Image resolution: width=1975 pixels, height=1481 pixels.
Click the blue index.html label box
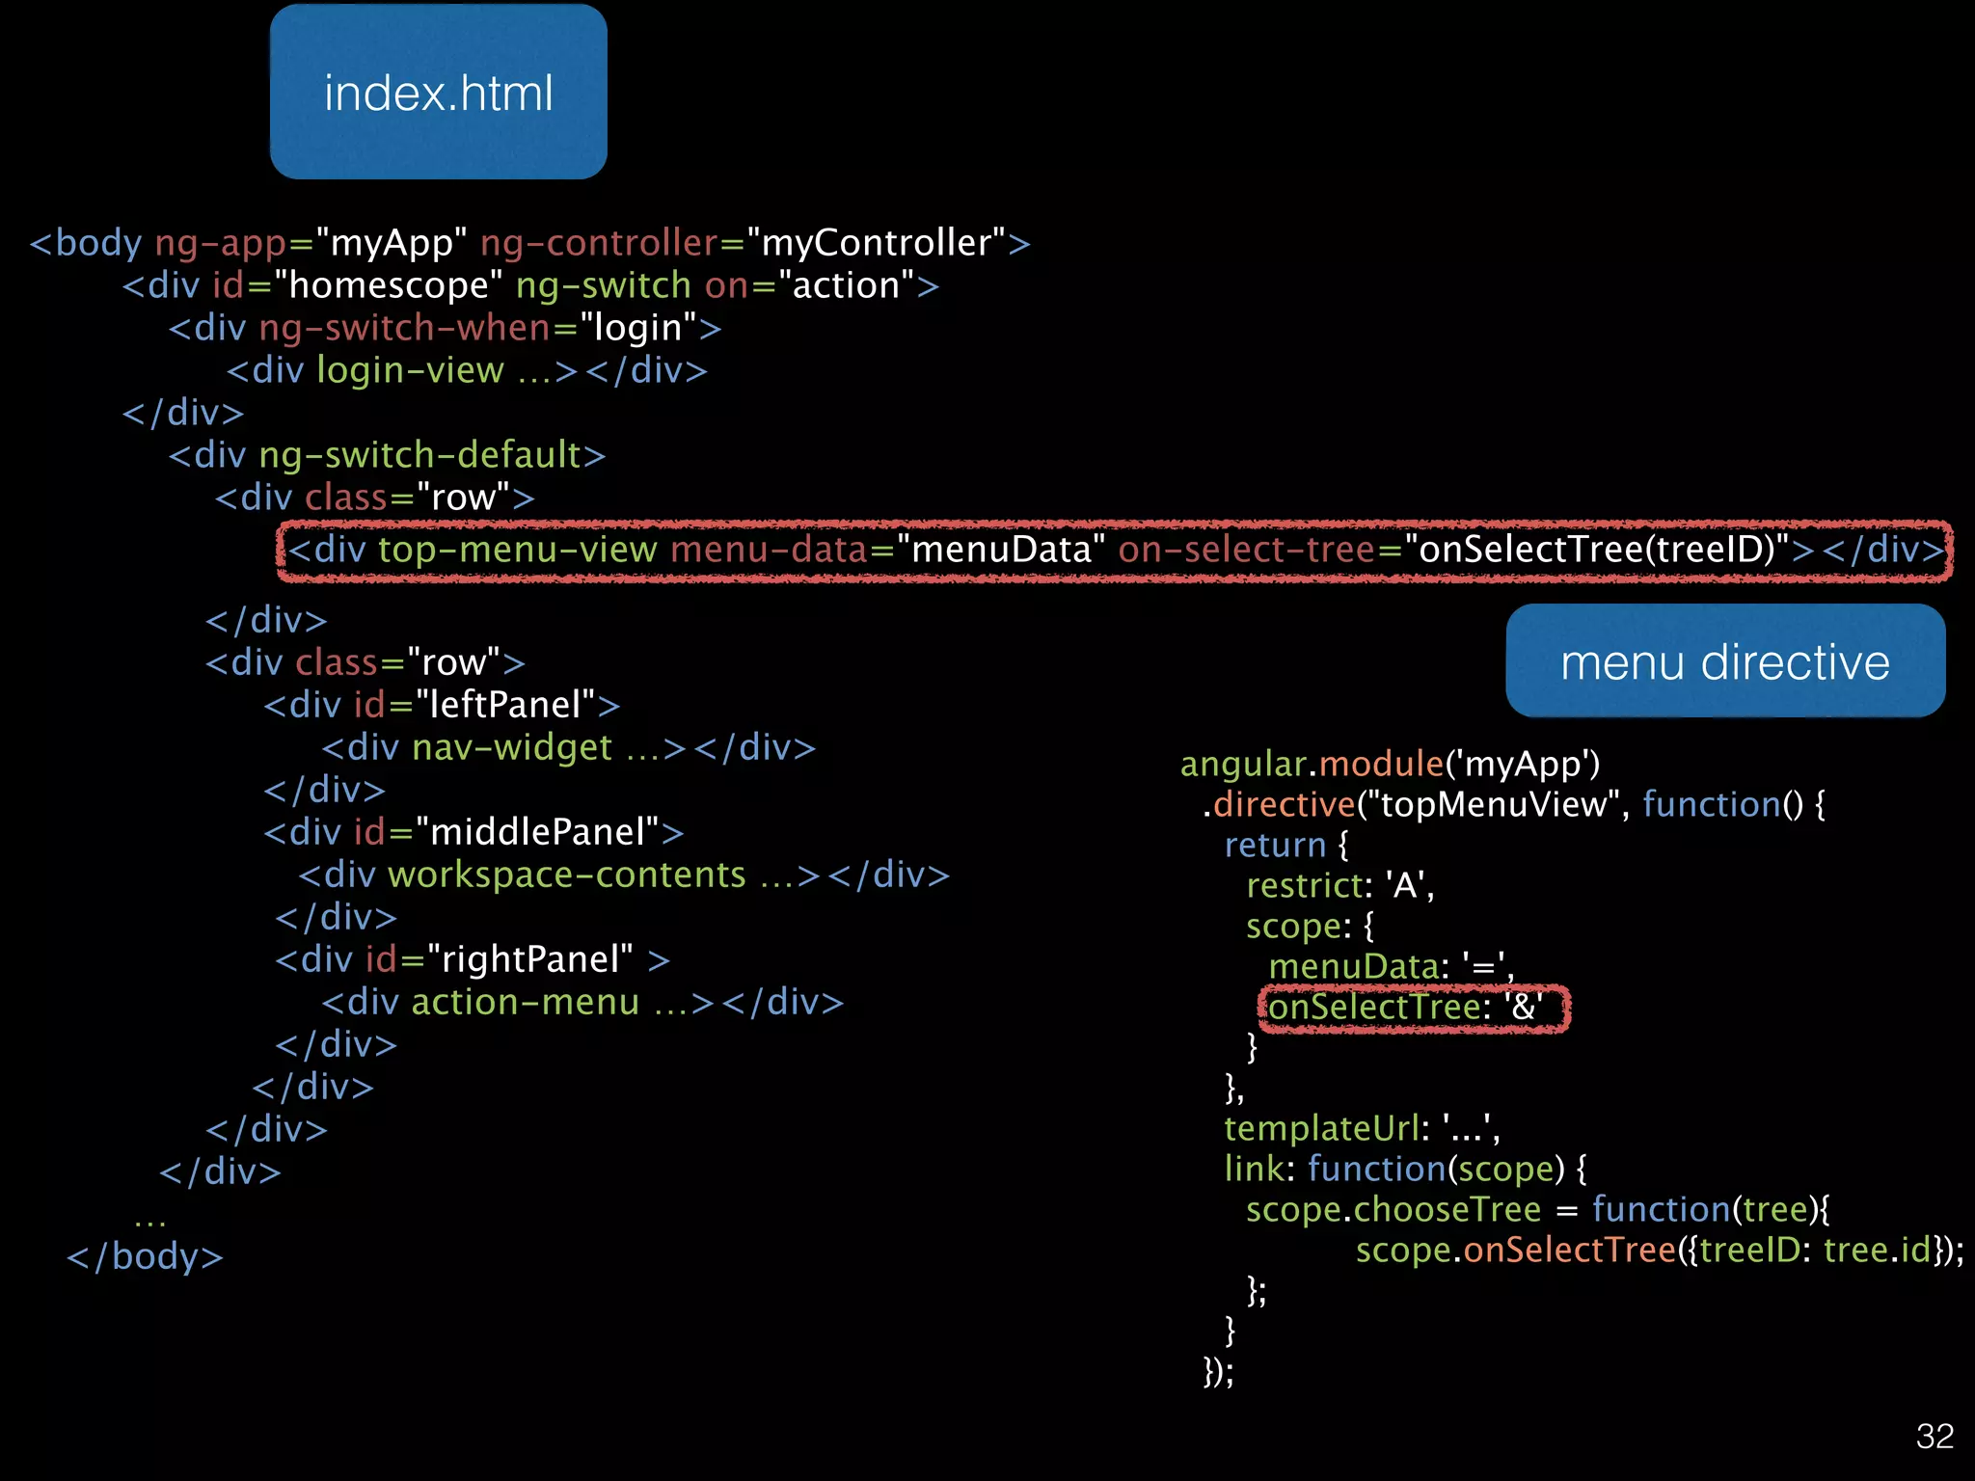pyautogui.click(x=438, y=93)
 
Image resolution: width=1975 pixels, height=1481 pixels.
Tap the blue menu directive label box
pyautogui.click(x=1724, y=661)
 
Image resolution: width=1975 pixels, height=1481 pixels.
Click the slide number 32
pyautogui.click(x=1934, y=1437)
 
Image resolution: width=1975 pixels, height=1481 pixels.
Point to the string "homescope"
pyautogui.click(x=388, y=285)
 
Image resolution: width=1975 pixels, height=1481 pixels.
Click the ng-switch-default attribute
pyautogui.click(x=420, y=455)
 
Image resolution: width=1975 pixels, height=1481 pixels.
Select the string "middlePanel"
pyautogui.click(x=537, y=832)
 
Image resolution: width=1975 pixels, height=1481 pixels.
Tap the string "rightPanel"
pyautogui.click(x=529, y=959)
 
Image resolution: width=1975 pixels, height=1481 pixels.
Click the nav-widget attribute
pyautogui.click(x=511, y=747)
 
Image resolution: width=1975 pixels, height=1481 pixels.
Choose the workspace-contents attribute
pyautogui.click(x=566, y=875)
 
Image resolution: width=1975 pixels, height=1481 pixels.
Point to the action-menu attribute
pyautogui.click(x=525, y=1002)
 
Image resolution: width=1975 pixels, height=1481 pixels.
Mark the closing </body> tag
pyautogui.click(x=145, y=1256)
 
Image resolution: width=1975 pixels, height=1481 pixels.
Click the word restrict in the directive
pyautogui.click(x=1304, y=885)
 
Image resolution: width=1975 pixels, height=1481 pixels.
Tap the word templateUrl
pyautogui.click(x=1321, y=1128)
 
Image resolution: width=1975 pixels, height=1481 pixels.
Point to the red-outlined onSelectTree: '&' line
pyautogui.click(x=1412, y=1008)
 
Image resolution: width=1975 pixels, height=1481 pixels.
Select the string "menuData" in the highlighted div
pyautogui.click(x=1000, y=550)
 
